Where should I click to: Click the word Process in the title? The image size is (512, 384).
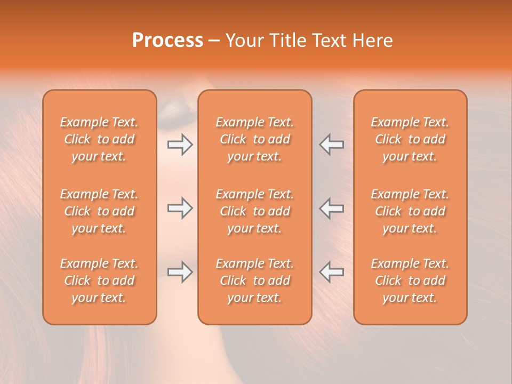click(167, 41)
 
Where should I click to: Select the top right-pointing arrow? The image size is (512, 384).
click(180, 145)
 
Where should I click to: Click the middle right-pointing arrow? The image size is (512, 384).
click(180, 208)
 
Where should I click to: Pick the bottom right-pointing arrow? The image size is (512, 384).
click(180, 272)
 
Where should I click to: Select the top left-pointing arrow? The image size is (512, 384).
click(332, 145)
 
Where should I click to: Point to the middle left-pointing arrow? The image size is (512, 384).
click(332, 208)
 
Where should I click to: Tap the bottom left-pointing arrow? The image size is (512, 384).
click(332, 272)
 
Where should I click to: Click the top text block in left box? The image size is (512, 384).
click(99, 139)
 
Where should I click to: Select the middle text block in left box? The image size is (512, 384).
click(99, 211)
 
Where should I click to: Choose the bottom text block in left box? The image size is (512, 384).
click(99, 281)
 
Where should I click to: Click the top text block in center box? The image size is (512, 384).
click(255, 139)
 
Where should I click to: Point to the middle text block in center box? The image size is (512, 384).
click(255, 211)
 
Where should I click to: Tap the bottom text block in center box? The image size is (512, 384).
click(255, 281)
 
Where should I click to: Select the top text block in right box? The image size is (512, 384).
click(410, 139)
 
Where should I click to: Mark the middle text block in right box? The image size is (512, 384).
click(410, 211)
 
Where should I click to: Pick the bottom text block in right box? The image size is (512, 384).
click(410, 281)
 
